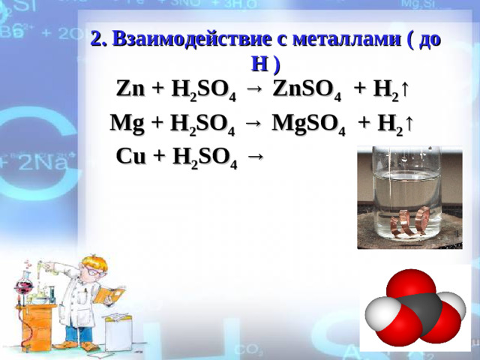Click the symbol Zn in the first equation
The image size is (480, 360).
coord(130,88)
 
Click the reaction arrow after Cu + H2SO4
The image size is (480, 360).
coord(255,156)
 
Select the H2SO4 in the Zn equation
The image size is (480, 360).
coord(205,90)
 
